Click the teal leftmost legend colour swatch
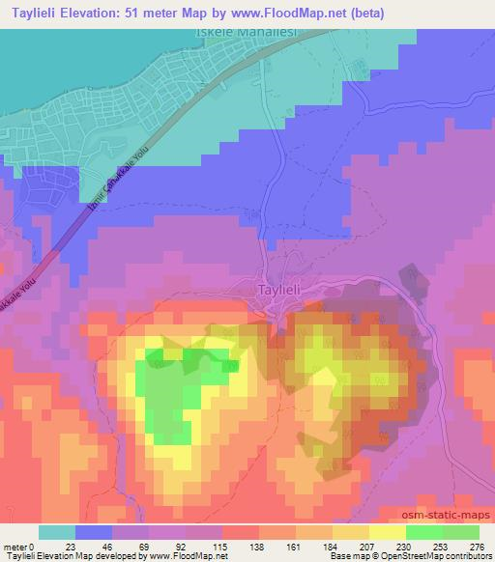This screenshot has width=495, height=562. (x=58, y=532)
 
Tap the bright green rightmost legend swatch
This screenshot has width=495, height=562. (x=460, y=532)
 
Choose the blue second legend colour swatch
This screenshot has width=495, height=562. (x=95, y=532)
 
